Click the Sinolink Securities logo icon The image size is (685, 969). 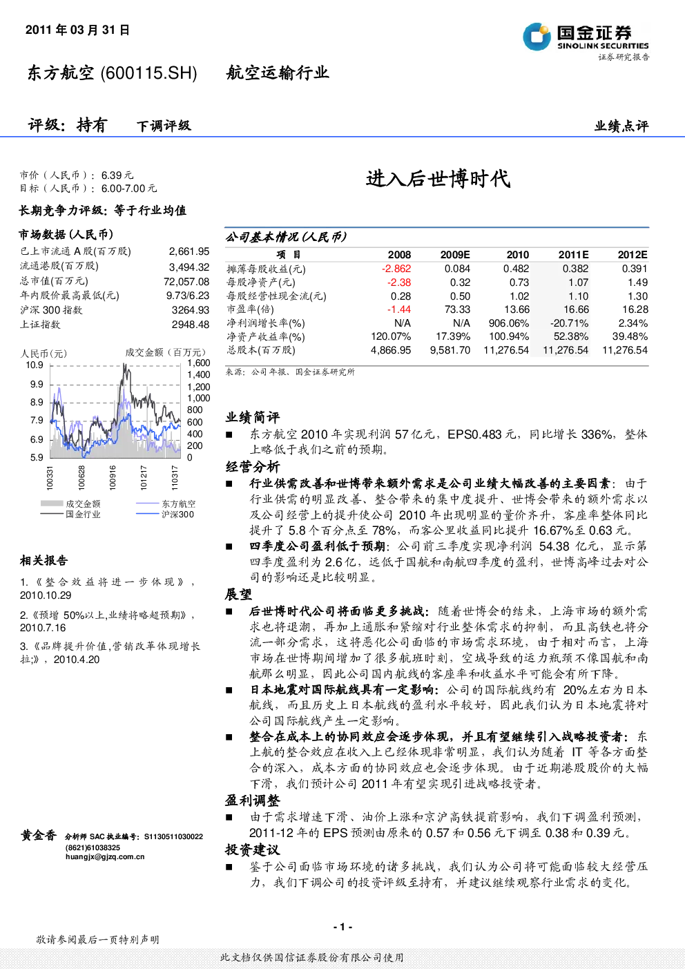[x=537, y=37]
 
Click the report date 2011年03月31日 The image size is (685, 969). [x=77, y=30]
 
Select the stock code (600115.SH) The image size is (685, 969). [x=148, y=73]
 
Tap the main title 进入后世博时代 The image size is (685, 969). [x=438, y=179]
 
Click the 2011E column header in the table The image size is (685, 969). [x=573, y=255]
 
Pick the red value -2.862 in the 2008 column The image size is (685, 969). [x=396, y=269]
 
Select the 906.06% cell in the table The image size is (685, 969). [x=508, y=323]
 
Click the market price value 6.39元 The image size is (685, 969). [x=117, y=175]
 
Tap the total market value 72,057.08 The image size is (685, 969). [x=186, y=282]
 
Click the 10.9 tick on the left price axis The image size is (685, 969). [x=35, y=365]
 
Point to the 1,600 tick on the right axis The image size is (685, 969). [x=198, y=363]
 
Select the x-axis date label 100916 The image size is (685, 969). [x=113, y=477]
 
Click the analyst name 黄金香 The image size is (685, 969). [x=39, y=835]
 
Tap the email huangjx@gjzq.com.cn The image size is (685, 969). [x=105, y=856]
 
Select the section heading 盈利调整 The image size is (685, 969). [x=252, y=800]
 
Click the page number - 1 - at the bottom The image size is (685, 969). [x=343, y=927]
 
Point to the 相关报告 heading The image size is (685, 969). [x=44, y=561]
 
